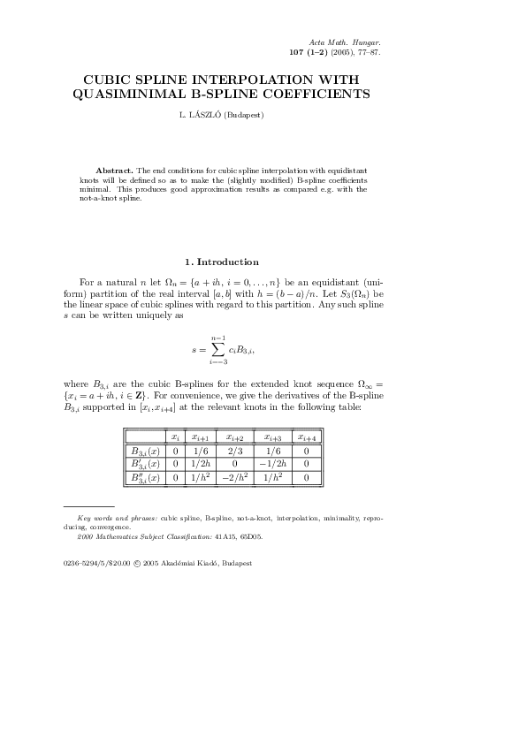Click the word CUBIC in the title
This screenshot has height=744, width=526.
pos(115,79)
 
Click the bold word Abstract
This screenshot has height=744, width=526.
pos(115,169)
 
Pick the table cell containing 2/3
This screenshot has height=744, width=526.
pos(235,450)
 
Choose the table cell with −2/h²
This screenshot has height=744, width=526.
pos(235,478)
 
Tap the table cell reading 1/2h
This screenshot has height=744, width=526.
pos(200,463)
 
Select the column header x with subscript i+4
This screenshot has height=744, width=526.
pos(307,437)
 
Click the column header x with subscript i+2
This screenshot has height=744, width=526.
pos(235,437)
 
